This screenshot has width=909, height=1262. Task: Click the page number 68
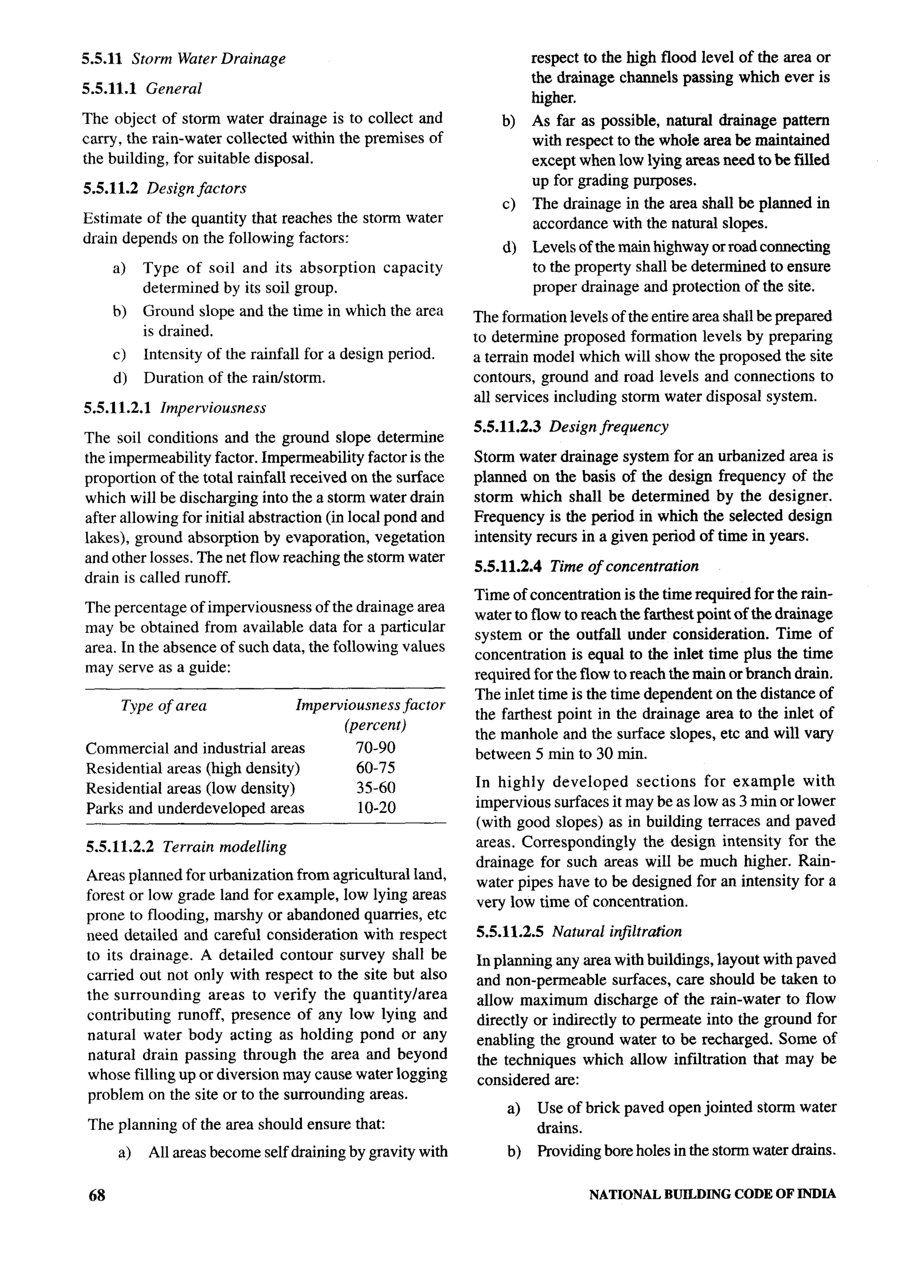click(97, 1195)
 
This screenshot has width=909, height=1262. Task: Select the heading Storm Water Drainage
click(208, 59)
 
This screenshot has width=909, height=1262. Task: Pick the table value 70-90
click(375, 747)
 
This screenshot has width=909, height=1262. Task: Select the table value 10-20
click(376, 808)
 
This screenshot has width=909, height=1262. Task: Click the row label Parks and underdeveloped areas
click(195, 808)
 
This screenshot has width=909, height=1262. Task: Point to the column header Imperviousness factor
click(370, 705)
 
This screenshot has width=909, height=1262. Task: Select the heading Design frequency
click(609, 427)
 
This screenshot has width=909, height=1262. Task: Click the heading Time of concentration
click(624, 567)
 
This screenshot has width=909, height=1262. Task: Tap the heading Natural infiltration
click(617, 931)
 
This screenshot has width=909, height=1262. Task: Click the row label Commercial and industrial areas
click(195, 748)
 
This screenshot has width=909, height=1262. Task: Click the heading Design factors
click(196, 188)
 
